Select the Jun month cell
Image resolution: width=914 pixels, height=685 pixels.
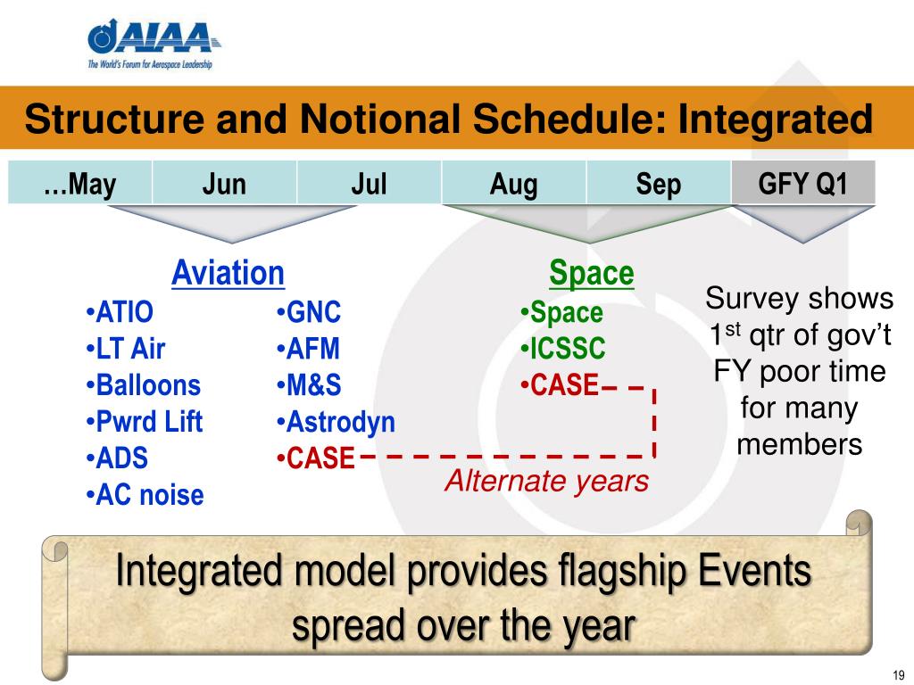(x=224, y=183)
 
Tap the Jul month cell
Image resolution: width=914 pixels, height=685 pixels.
(x=369, y=183)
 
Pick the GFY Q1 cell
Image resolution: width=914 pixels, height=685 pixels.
(x=803, y=183)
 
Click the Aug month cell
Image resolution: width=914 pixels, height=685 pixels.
(x=513, y=183)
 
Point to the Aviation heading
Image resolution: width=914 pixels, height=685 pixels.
(x=228, y=273)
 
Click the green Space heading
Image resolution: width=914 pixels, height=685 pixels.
(x=592, y=273)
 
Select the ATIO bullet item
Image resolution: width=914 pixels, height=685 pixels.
(x=120, y=311)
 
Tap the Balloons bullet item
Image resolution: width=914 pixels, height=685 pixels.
(x=144, y=385)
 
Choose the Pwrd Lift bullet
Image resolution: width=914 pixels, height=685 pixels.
(x=144, y=422)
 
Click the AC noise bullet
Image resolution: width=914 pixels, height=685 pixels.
(x=145, y=495)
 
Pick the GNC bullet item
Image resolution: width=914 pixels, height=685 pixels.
(x=309, y=311)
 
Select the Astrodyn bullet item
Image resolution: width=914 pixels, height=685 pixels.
(x=336, y=422)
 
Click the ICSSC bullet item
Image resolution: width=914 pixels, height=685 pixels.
(x=563, y=349)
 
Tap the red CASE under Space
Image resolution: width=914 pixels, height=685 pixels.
(x=560, y=385)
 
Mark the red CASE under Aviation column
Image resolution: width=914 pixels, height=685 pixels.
(x=315, y=458)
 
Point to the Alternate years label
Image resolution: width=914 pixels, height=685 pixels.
(x=547, y=481)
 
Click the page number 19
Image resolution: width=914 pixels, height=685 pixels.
(x=899, y=675)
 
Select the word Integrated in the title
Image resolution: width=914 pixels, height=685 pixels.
(x=776, y=119)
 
